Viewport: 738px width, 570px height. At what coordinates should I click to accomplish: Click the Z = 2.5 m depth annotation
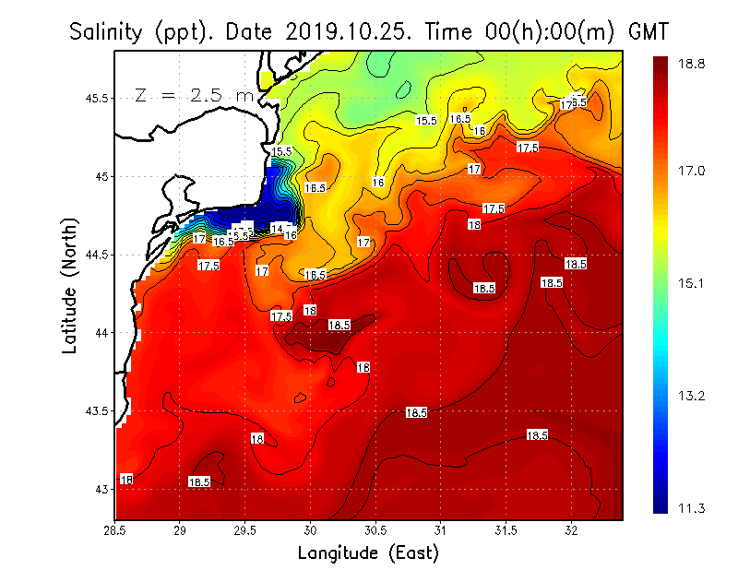coord(194,95)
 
